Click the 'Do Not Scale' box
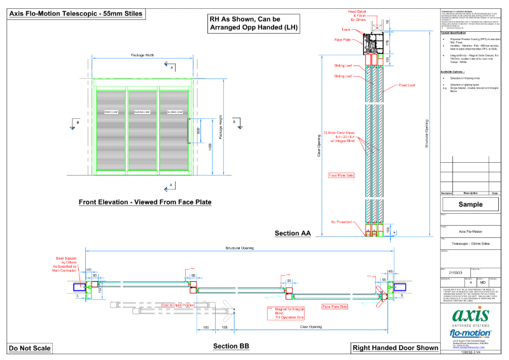(30, 348)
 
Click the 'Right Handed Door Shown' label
(395, 348)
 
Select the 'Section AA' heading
(292, 234)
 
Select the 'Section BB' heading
(231, 346)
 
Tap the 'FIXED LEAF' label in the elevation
(112, 111)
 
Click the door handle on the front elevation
(189, 121)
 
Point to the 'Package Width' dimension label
(142, 55)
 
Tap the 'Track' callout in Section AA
(345, 30)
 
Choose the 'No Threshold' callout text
(341, 222)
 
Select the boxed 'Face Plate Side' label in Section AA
(341, 174)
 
